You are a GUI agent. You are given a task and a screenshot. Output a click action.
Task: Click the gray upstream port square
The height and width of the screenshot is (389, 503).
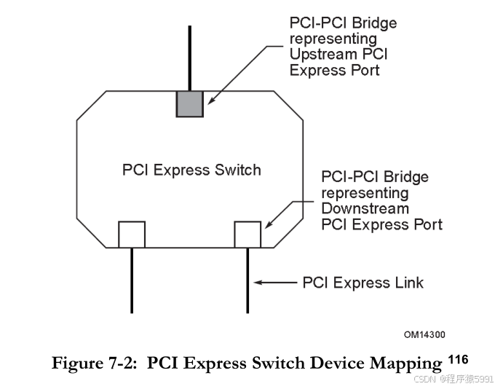click(x=190, y=103)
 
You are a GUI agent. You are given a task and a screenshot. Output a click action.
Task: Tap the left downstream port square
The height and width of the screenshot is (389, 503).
click(x=132, y=235)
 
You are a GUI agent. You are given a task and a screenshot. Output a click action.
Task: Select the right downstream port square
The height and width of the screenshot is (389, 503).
click(x=247, y=235)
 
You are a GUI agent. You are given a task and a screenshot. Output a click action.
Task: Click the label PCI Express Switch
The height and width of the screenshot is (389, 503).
click(x=191, y=170)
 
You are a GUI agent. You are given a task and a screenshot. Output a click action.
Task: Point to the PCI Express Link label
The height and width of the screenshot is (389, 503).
click(x=363, y=282)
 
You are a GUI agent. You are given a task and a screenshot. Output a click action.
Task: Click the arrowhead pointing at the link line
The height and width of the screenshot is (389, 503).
click(x=258, y=282)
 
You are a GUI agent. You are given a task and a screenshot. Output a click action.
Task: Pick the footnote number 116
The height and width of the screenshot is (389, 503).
click(x=458, y=359)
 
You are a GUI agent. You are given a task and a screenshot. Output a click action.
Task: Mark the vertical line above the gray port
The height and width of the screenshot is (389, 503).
click(x=190, y=58)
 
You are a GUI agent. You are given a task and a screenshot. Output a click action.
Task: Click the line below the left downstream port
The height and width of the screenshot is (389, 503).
click(x=132, y=280)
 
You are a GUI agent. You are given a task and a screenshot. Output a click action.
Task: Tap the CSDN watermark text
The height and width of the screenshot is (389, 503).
click(x=453, y=380)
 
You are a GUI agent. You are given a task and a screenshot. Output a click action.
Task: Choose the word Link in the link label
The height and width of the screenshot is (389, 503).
click(x=408, y=282)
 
